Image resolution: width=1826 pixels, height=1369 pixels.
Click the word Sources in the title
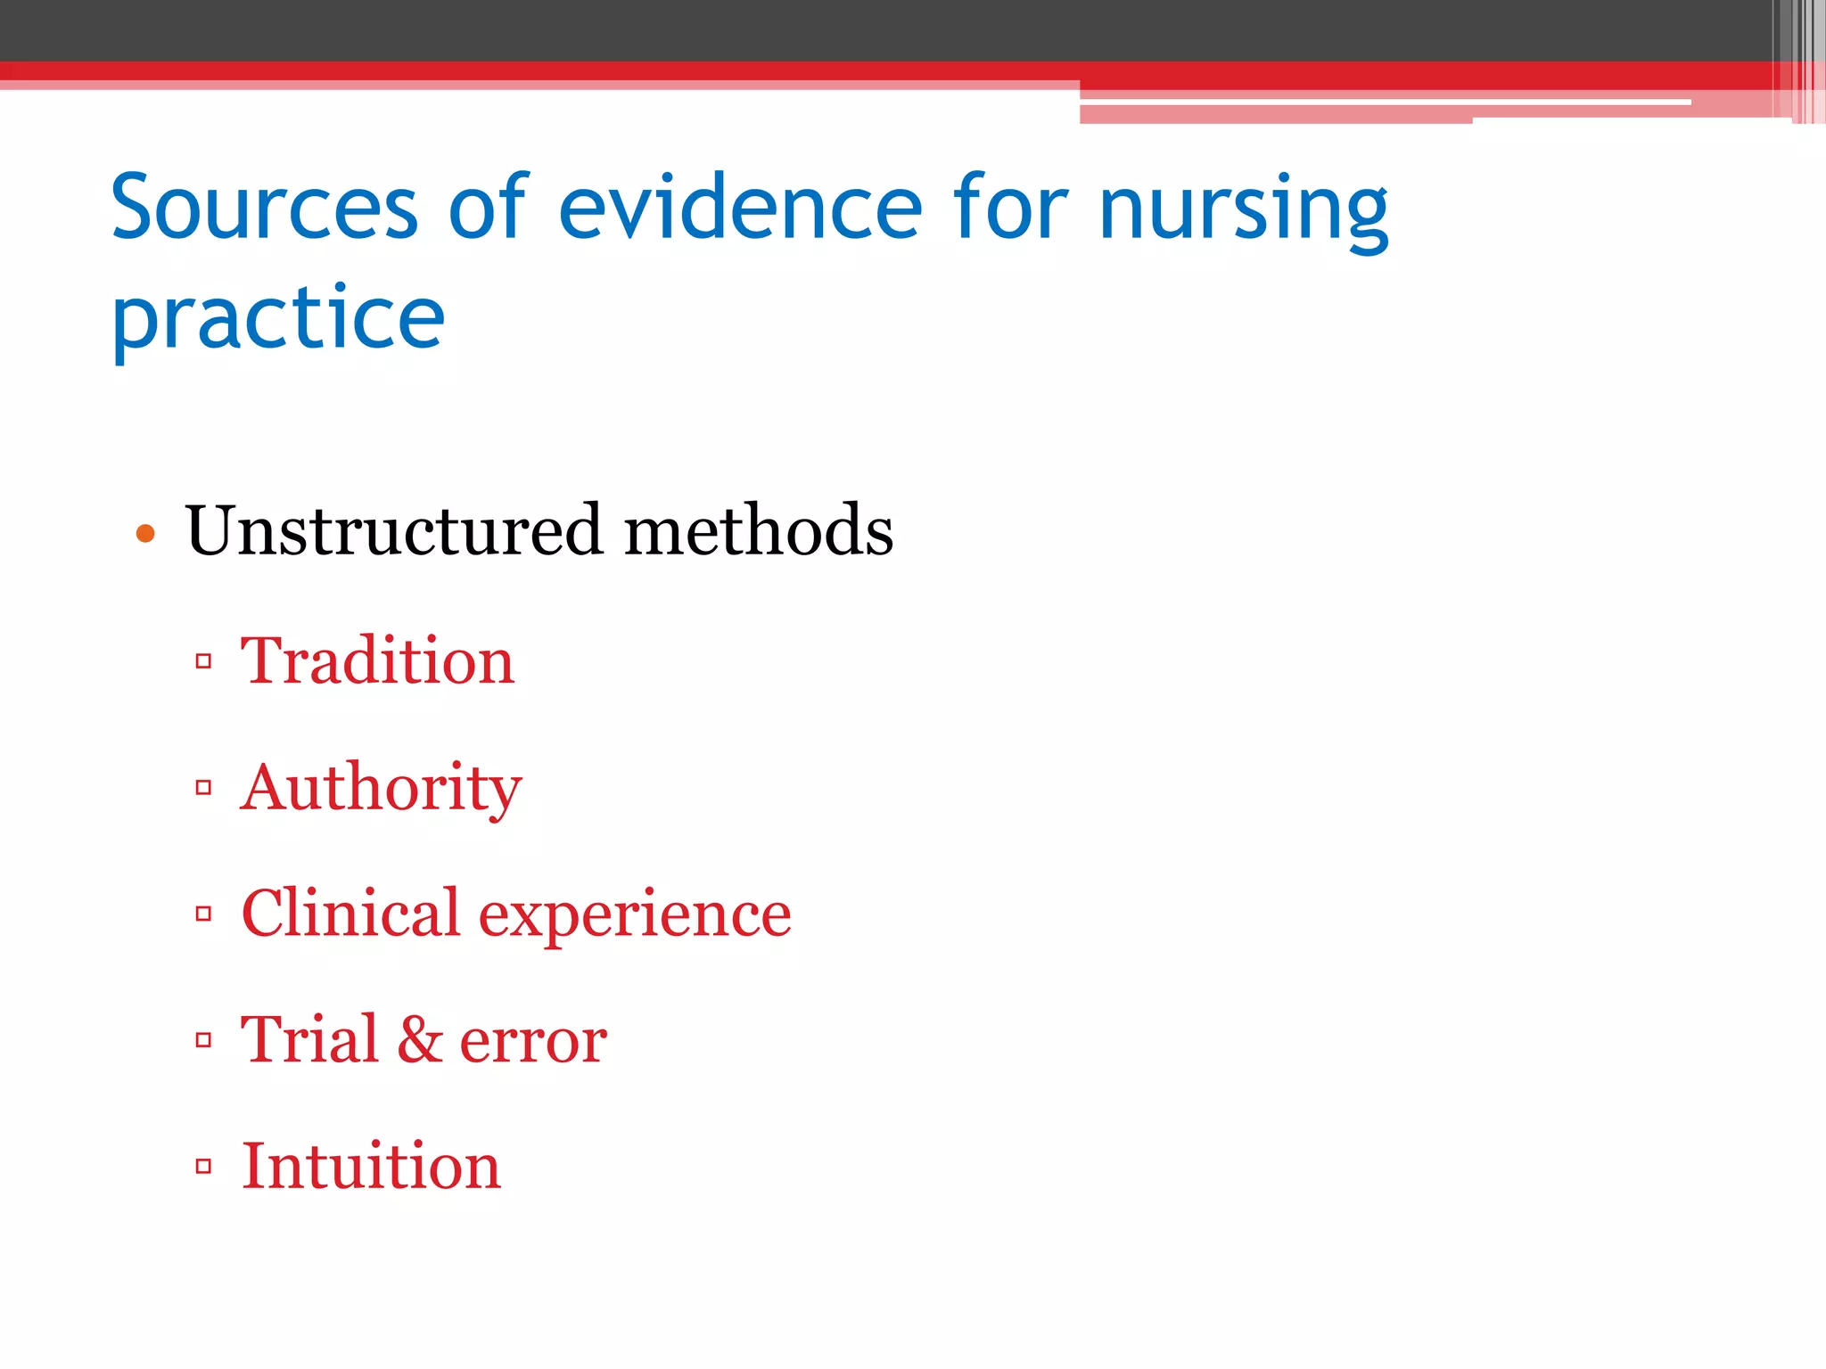(264, 208)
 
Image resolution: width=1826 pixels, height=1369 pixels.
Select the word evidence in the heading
(740, 208)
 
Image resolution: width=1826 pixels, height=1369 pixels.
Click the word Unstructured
(393, 530)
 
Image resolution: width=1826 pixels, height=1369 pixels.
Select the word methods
(758, 530)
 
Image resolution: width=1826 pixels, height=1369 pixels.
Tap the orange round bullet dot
(145, 535)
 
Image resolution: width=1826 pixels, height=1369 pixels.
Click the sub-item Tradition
(377, 661)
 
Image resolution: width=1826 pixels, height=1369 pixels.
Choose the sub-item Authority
(381, 789)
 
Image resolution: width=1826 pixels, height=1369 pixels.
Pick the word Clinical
(350, 914)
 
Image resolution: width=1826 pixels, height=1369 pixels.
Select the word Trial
(309, 1040)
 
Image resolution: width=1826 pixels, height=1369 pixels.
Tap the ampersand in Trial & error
(420, 1040)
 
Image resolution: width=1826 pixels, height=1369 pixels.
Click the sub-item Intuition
(371, 1167)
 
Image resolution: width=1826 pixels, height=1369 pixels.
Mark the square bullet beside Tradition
(203, 661)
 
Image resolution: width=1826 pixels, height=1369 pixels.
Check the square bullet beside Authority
(203, 788)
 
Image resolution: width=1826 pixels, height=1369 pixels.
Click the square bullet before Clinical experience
(203, 914)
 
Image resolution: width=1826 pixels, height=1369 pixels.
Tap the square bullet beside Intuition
(203, 1167)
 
